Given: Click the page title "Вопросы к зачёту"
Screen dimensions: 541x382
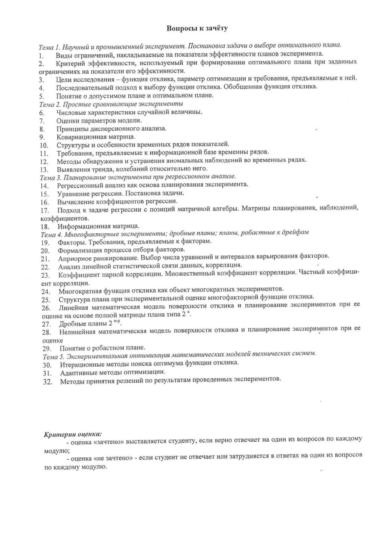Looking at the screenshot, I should [x=197, y=28].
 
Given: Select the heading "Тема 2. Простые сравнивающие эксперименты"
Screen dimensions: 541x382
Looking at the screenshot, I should [x=111, y=103].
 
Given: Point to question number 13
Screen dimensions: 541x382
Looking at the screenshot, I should [x=44, y=169].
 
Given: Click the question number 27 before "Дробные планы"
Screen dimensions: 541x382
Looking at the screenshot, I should [x=46, y=324].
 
